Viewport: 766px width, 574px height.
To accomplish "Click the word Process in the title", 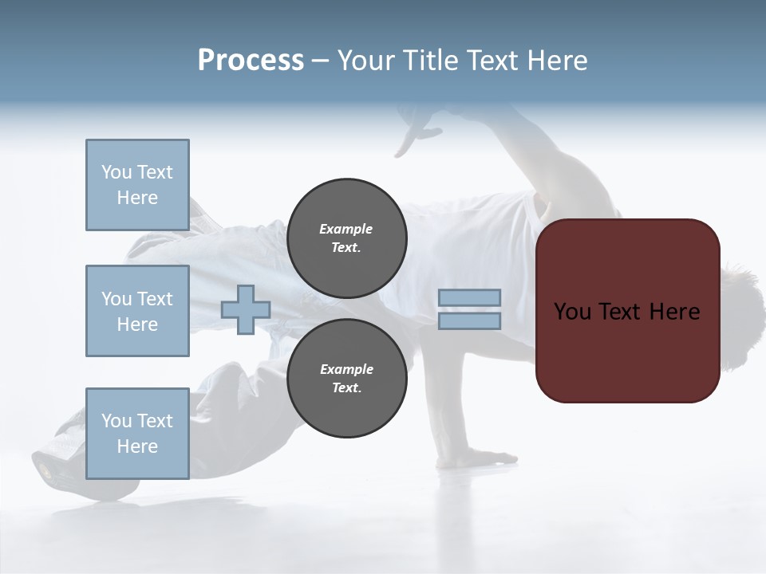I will [x=251, y=61].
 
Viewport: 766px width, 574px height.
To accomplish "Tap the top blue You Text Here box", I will [x=137, y=185].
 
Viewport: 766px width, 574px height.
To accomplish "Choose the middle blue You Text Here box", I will [x=137, y=311].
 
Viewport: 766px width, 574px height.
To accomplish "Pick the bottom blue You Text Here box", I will [x=137, y=434].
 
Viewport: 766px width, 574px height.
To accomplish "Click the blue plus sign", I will [x=245, y=310].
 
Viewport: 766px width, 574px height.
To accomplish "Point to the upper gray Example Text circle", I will [x=346, y=238].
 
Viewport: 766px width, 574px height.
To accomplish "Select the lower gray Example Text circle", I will [x=346, y=379].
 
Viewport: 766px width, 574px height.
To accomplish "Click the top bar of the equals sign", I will [x=470, y=297].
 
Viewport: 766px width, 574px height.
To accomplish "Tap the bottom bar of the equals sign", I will [x=470, y=321].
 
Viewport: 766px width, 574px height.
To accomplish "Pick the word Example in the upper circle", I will [x=346, y=229].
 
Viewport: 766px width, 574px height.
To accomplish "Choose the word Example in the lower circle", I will [x=346, y=369].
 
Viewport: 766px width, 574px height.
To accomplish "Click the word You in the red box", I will [x=571, y=311].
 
